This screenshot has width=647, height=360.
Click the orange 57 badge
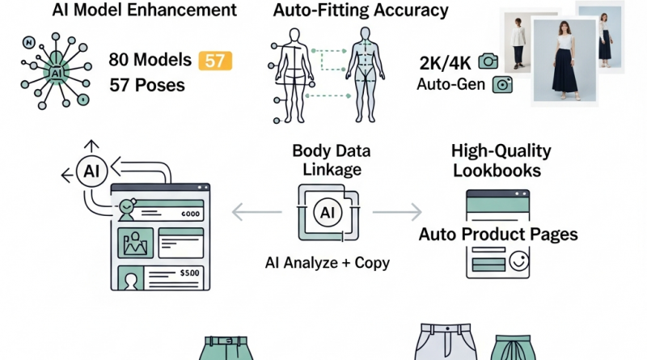point(215,61)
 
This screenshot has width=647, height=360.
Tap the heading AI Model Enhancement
point(145,10)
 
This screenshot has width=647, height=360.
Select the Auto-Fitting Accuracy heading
point(361,11)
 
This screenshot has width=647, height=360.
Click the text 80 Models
point(150,60)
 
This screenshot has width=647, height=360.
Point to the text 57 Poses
point(147,86)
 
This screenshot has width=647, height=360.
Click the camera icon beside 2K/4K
point(488,61)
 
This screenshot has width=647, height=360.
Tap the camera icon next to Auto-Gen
point(502,85)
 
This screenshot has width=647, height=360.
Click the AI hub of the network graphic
point(57,73)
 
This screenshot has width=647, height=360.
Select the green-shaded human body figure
point(366,74)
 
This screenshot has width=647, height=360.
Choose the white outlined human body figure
point(294,75)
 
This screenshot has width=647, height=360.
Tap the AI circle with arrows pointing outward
point(91,171)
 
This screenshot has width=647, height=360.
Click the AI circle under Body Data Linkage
point(328,213)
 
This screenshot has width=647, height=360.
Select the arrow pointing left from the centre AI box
point(256,213)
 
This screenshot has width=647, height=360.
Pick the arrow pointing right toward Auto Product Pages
point(397,212)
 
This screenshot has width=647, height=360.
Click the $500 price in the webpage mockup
point(190,273)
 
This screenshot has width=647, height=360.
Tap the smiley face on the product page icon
point(518,261)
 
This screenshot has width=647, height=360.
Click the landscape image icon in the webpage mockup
point(135,243)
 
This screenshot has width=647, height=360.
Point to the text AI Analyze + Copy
point(328,263)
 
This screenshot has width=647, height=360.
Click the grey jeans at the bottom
point(446,342)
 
